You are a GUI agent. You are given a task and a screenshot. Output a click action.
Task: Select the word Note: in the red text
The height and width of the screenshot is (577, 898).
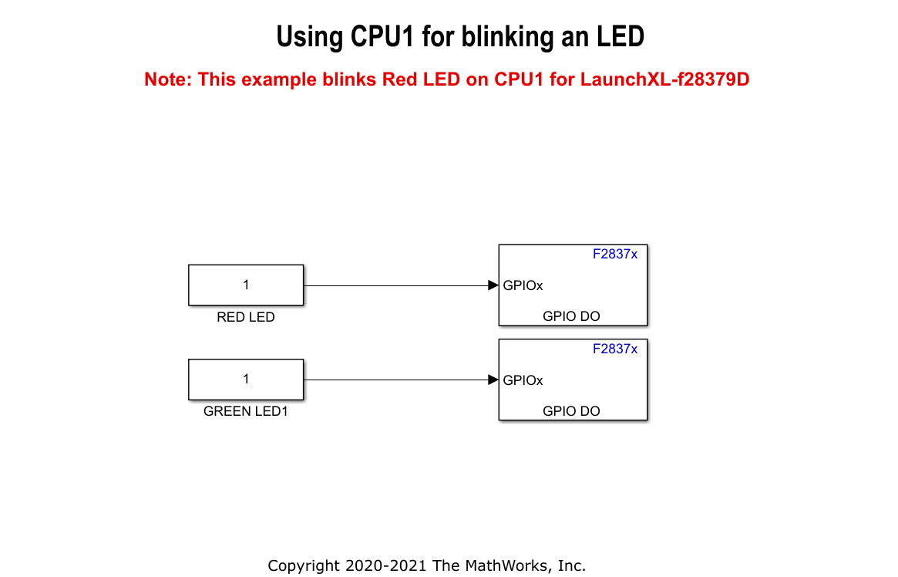coord(168,79)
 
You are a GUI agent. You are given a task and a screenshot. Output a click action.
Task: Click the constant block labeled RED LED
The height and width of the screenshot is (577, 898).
coord(246,285)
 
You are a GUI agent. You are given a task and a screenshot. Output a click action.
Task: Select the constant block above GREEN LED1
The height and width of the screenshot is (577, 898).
coord(246,379)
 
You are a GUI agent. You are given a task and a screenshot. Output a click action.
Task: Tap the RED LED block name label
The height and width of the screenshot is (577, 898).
coord(246,317)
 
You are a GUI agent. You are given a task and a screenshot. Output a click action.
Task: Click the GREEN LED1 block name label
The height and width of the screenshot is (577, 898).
coord(246,411)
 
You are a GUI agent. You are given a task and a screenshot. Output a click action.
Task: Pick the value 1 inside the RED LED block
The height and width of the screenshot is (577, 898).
coord(246,285)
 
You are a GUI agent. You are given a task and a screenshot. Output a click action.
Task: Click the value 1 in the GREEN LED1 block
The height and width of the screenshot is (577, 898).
coord(246,379)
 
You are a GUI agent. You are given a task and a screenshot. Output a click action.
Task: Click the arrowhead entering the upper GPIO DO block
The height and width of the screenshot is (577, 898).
coord(493,285)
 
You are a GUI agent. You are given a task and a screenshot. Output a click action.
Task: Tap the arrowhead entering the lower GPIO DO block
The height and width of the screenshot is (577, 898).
coord(493,380)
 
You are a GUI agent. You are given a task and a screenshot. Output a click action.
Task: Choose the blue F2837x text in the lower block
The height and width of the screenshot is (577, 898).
coord(614,349)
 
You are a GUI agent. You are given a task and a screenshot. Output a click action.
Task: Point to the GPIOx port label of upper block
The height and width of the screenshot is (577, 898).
coord(523,285)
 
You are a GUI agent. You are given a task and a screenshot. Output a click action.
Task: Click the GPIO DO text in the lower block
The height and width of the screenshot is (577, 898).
coord(571,410)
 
